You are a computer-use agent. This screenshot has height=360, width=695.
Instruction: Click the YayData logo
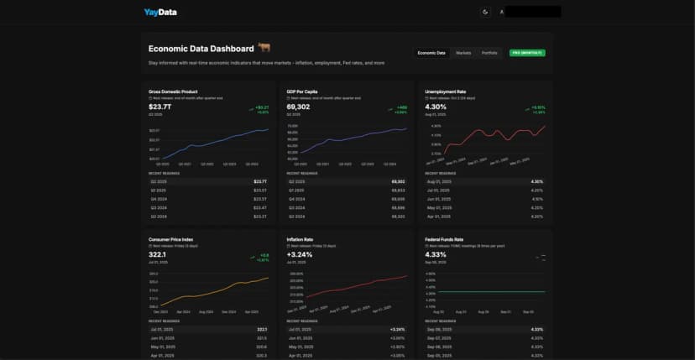point(159,12)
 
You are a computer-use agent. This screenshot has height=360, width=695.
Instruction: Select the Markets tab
point(463,53)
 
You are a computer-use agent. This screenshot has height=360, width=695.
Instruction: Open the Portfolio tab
point(489,53)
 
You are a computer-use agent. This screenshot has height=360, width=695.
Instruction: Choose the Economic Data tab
point(431,53)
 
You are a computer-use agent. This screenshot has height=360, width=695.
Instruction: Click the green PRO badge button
point(528,53)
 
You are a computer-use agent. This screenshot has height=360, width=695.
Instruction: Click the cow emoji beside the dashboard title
point(264,49)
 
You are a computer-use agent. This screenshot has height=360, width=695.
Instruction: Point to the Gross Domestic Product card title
point(174,91)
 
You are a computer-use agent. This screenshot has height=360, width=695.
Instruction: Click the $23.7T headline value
point(159,107)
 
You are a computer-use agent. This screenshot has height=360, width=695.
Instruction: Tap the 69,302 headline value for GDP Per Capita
point(298,107)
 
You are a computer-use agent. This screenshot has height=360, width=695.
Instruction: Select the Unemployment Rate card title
point(447,91)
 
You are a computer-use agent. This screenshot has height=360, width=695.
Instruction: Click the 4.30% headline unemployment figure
point(436,107)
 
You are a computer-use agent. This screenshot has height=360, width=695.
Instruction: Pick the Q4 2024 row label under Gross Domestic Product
point(158,198)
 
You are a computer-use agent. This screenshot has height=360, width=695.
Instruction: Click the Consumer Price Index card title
point(170,238)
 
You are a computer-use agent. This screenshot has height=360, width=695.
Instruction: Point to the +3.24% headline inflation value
point(300,254)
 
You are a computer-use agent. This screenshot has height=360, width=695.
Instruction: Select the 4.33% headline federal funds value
point(436,254)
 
